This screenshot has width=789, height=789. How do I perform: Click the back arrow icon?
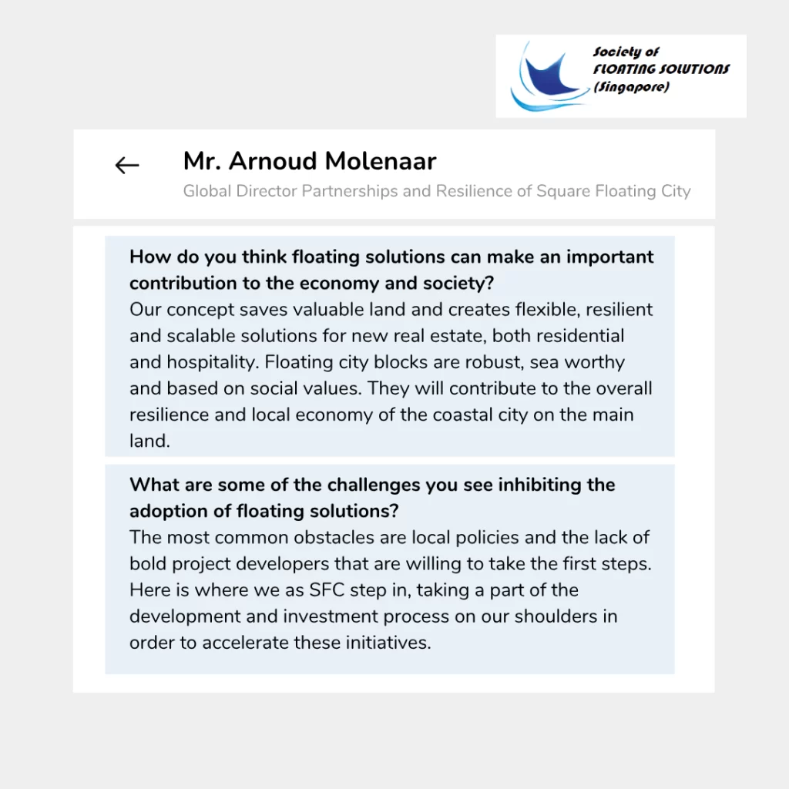pyautogui.click(x=127, y=165)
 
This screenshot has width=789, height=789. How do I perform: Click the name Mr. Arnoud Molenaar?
pyautogui.click(x=310, y=161)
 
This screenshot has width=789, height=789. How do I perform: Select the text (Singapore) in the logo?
pyautogui.click(x=631, y=87)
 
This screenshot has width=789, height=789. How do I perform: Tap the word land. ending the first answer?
pyautogui.click(x=149, y=441)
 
